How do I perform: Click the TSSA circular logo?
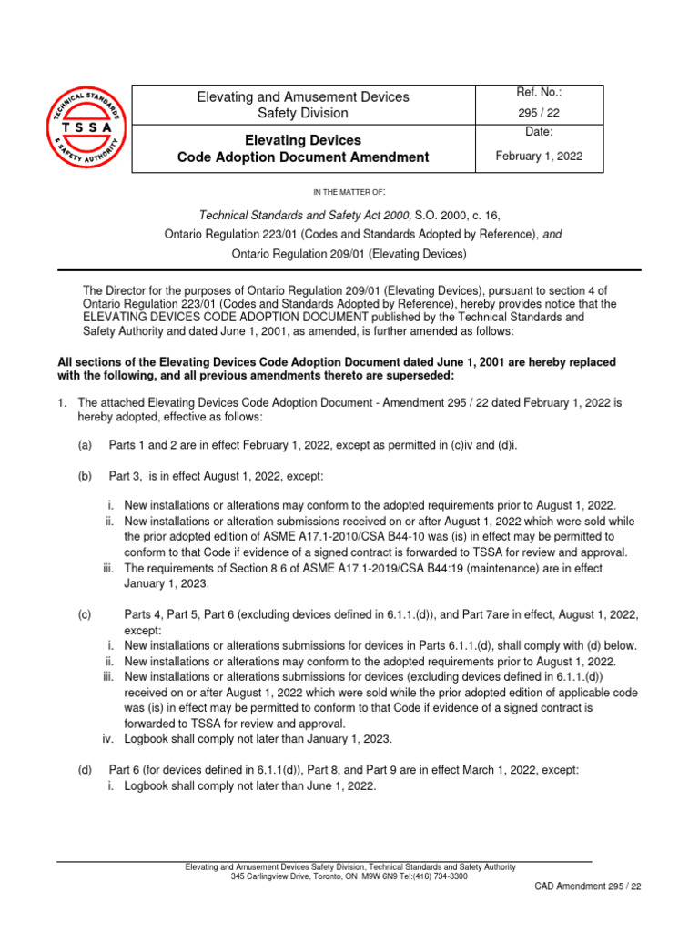[x=81, y=128]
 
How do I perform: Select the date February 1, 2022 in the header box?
[x=540, y=156]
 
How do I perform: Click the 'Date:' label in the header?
[x=540, y=132]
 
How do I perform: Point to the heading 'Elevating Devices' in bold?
[x=303, y=140]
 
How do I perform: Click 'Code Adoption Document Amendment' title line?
[x=303, y=157]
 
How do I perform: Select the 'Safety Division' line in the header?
[x=303, y=114]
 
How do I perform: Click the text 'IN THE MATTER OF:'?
[x=349, y=192]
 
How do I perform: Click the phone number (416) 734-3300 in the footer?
[x=439, y=876]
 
